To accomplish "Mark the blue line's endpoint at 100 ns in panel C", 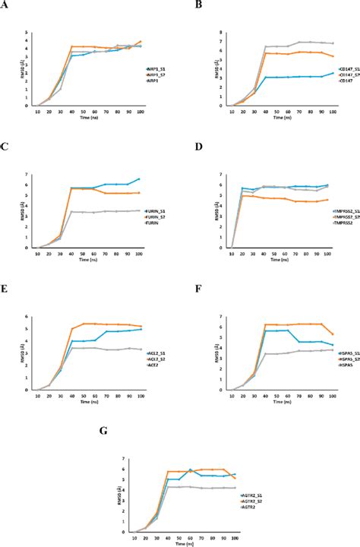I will [140, 179].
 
